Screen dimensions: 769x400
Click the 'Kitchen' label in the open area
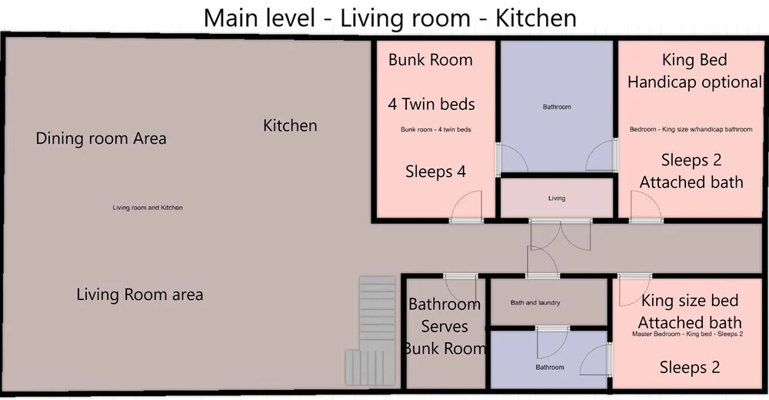(x=290, y=125)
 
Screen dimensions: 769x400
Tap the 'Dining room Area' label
(x=101, y=138)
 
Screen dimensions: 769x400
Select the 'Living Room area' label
(x=140, y=295)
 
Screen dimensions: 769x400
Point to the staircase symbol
(x=371, y=330)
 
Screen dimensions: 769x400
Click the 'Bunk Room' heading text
(x=431, y=60)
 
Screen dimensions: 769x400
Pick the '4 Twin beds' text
(x=431, y=104)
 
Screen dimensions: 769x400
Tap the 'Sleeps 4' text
(x=435, y=172)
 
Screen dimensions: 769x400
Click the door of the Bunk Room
(x=467, y=207)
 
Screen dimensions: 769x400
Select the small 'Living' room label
(x=557, y=198)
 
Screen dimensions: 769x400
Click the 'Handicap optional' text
(x=695, y=82)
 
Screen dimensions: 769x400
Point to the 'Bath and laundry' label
(x=535, y=303)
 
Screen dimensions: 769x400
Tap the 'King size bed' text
(x=690, y=300)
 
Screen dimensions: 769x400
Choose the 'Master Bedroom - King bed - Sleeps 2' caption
(x=687, y=335)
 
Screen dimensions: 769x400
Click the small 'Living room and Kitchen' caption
(x=148, y=208)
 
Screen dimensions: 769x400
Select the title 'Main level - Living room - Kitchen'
(x=390, y=18)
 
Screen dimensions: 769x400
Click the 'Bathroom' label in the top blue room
(x=557, y=106)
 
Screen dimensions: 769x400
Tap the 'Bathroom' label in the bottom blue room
(x=550, y=367)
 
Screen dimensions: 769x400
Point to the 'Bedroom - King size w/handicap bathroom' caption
(x=691, y=129)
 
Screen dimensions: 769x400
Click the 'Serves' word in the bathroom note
(x=444, y=326)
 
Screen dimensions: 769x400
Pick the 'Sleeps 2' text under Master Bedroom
(x=690, y=367)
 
